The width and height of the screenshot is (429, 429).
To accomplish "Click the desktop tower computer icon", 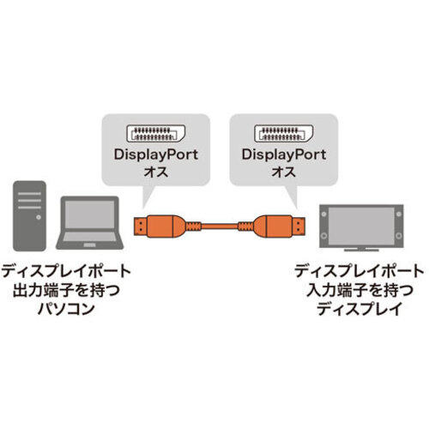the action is point(29,216).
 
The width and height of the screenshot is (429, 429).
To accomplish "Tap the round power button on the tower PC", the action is point(39,217).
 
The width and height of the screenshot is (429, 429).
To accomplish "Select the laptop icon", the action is point(90,222).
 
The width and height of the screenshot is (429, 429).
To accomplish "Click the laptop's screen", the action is point(90,214).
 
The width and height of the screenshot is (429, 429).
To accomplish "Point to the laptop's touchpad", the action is point(90,245).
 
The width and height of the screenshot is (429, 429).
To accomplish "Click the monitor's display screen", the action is point(361,226).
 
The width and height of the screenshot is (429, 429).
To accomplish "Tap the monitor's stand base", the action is point(361,250).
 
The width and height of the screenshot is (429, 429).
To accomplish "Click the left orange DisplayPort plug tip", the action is point(140,227).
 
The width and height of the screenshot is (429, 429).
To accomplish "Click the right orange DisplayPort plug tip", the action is point(299,227).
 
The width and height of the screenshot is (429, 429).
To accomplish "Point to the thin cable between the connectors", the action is point(220,227).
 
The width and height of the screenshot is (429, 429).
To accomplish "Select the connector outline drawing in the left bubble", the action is point(156,134).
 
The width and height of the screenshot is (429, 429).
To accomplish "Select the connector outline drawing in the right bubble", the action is point(284,134).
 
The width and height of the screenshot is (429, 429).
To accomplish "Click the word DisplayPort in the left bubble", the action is point(156,154).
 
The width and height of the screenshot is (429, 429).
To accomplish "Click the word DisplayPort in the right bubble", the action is point(284,154).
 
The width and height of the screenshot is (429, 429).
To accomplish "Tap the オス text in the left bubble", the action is point(156,172).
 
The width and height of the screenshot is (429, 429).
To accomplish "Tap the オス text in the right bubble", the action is point(284,172).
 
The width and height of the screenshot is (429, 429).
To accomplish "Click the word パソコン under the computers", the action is point(66,309).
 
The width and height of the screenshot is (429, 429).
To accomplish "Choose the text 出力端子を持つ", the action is point(66,290).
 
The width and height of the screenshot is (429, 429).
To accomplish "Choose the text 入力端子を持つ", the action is point(360,290).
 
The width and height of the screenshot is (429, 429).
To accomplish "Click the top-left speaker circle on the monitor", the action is point(324,214).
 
